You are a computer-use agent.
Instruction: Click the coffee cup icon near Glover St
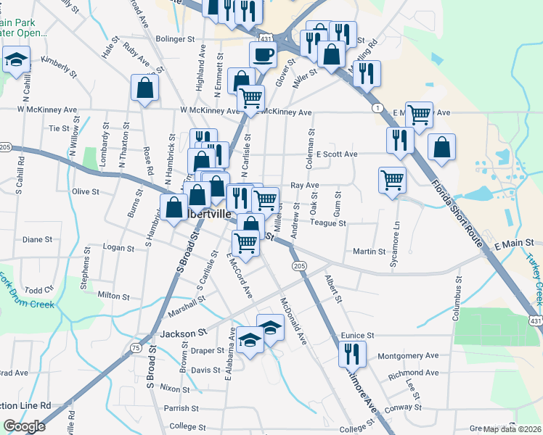(x=262, y=54)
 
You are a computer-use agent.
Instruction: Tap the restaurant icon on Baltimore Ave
(x=352, y=354)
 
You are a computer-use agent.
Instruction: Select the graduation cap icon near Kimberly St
(x=16, y=59)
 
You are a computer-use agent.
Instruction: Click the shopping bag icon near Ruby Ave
(x=145, y=88)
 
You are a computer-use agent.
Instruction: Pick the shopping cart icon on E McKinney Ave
(x=419, y=115)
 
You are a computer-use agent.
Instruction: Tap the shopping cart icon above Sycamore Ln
(x=392, y=179)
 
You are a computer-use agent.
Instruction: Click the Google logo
(x=24, y=426)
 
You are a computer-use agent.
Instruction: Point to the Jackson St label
(x=179, y=333)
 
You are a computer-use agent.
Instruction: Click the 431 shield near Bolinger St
(x=266, y=37)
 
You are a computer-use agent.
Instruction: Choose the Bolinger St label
(x=176, y=38)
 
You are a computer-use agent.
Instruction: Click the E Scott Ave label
(x=337, y=154)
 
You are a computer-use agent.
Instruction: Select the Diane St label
(x=38, y=239)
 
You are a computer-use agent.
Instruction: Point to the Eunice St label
(x=356, y=336)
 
